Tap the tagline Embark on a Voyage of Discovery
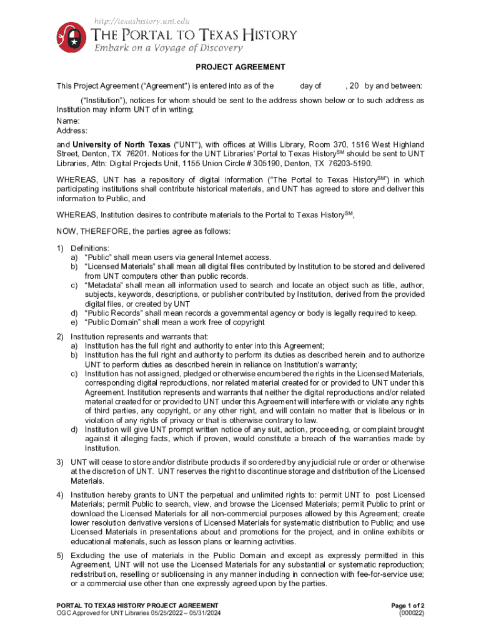click(167, 48)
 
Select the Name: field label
click(68, 121)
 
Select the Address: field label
click(72, 131)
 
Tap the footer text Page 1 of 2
click(407, 606)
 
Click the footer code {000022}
click(411, 613)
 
